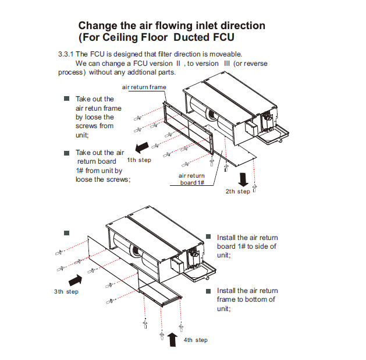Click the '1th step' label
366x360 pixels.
139,160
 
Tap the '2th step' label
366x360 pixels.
237,191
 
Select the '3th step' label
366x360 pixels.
63,291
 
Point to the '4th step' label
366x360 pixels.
195,340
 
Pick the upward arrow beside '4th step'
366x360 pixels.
172,338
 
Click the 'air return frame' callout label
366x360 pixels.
144,87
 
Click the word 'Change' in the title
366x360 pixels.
98,26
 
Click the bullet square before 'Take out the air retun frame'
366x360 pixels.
67,99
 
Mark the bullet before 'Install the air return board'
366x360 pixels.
208,238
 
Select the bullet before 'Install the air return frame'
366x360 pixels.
208,291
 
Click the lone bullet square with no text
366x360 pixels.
67,232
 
